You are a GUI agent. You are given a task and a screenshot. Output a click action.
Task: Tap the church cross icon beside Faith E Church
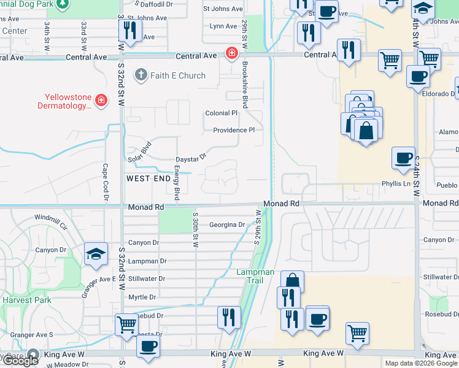click(141, 75)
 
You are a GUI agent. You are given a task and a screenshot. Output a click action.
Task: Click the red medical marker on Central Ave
click(231, 53)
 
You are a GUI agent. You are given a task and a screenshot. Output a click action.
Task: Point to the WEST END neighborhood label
click(148, 178)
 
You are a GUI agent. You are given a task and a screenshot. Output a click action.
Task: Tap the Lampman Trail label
click(250, 276)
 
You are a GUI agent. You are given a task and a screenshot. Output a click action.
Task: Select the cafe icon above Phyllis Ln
click(403, 158)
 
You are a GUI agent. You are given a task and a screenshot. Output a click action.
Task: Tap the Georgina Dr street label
click(226, 225)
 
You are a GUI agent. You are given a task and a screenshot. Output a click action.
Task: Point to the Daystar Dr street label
click(194, 157)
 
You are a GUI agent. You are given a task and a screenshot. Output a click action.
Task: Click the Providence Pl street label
click(233, 130)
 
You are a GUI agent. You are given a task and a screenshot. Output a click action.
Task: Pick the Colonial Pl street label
click(221, 113)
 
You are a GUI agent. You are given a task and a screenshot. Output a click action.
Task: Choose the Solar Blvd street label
click(139, 152)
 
